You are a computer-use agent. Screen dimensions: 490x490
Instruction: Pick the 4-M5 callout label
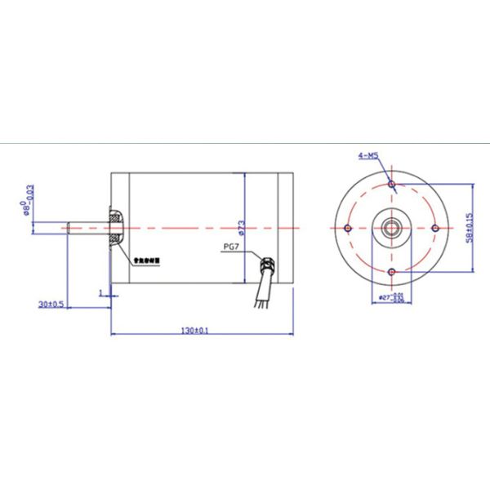pos(367,154)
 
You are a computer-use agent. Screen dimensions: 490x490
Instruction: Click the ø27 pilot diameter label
pos(392,297)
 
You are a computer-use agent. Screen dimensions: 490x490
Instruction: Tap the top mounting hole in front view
pos(392,185)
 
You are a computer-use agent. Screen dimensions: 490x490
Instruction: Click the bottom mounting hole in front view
pos(392,271)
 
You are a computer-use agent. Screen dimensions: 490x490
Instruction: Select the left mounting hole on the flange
pos(349,228)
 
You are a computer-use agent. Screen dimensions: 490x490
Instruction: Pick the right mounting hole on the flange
pos(435,228)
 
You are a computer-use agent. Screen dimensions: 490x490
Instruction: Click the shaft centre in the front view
pos(392,228)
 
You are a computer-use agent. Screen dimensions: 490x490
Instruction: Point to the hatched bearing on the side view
pos(115,228)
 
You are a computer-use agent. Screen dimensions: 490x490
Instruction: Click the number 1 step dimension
pos(100,291)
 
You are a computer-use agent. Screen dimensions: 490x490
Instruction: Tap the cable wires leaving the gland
pos(261,296)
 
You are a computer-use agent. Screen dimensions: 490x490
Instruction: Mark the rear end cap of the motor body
pos(285,228)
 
